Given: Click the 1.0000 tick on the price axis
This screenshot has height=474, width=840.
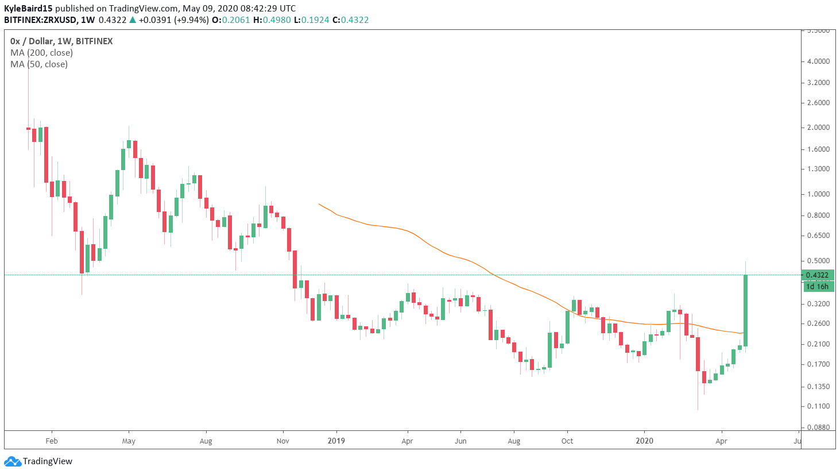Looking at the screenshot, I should pyautogui.click(x=818, y=194).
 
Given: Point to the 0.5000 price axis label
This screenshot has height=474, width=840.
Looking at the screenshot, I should pyautogui.click(x=818, y=261).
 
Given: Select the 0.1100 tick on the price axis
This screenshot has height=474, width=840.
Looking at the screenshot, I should pyautogui.click(x=818, y=406).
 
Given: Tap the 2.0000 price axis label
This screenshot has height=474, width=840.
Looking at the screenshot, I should pyautogui.click(x=818, y=128).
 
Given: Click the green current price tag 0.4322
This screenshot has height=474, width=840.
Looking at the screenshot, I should pyautogui.click(x=818, y=275).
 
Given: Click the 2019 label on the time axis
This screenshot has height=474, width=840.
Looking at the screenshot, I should pyautogui.click(x=336, y=441).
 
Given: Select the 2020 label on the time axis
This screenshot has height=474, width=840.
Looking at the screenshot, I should pyautogui.click(x=644, y=441).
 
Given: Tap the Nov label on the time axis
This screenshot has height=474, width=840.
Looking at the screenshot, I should pyautogui.click(x=283, y=441).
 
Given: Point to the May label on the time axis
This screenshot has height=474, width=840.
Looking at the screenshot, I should pyautogui.click(x=129, y=441).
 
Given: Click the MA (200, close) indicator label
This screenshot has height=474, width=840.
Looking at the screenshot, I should pyautogui.click(x=41, y=53).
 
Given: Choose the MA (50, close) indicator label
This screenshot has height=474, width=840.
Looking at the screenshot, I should pyautogui.click(x=39, y=64).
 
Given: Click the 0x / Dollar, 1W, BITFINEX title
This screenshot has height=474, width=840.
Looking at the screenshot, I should pyautogui.click(x=61, y=41).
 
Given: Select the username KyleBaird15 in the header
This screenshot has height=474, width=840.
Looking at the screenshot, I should pyautogui.click(x=28, y=9).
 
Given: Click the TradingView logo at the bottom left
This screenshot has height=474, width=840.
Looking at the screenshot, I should pyautogui.click(x=38, y=461).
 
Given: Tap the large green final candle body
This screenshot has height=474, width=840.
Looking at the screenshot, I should pyautogui.click(x=745, y=310).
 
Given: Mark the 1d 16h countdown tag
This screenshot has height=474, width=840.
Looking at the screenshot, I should pyautogui.click(x=818, y=286).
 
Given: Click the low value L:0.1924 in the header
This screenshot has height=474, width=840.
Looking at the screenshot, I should pyautogui.click(x=311, y=20).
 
